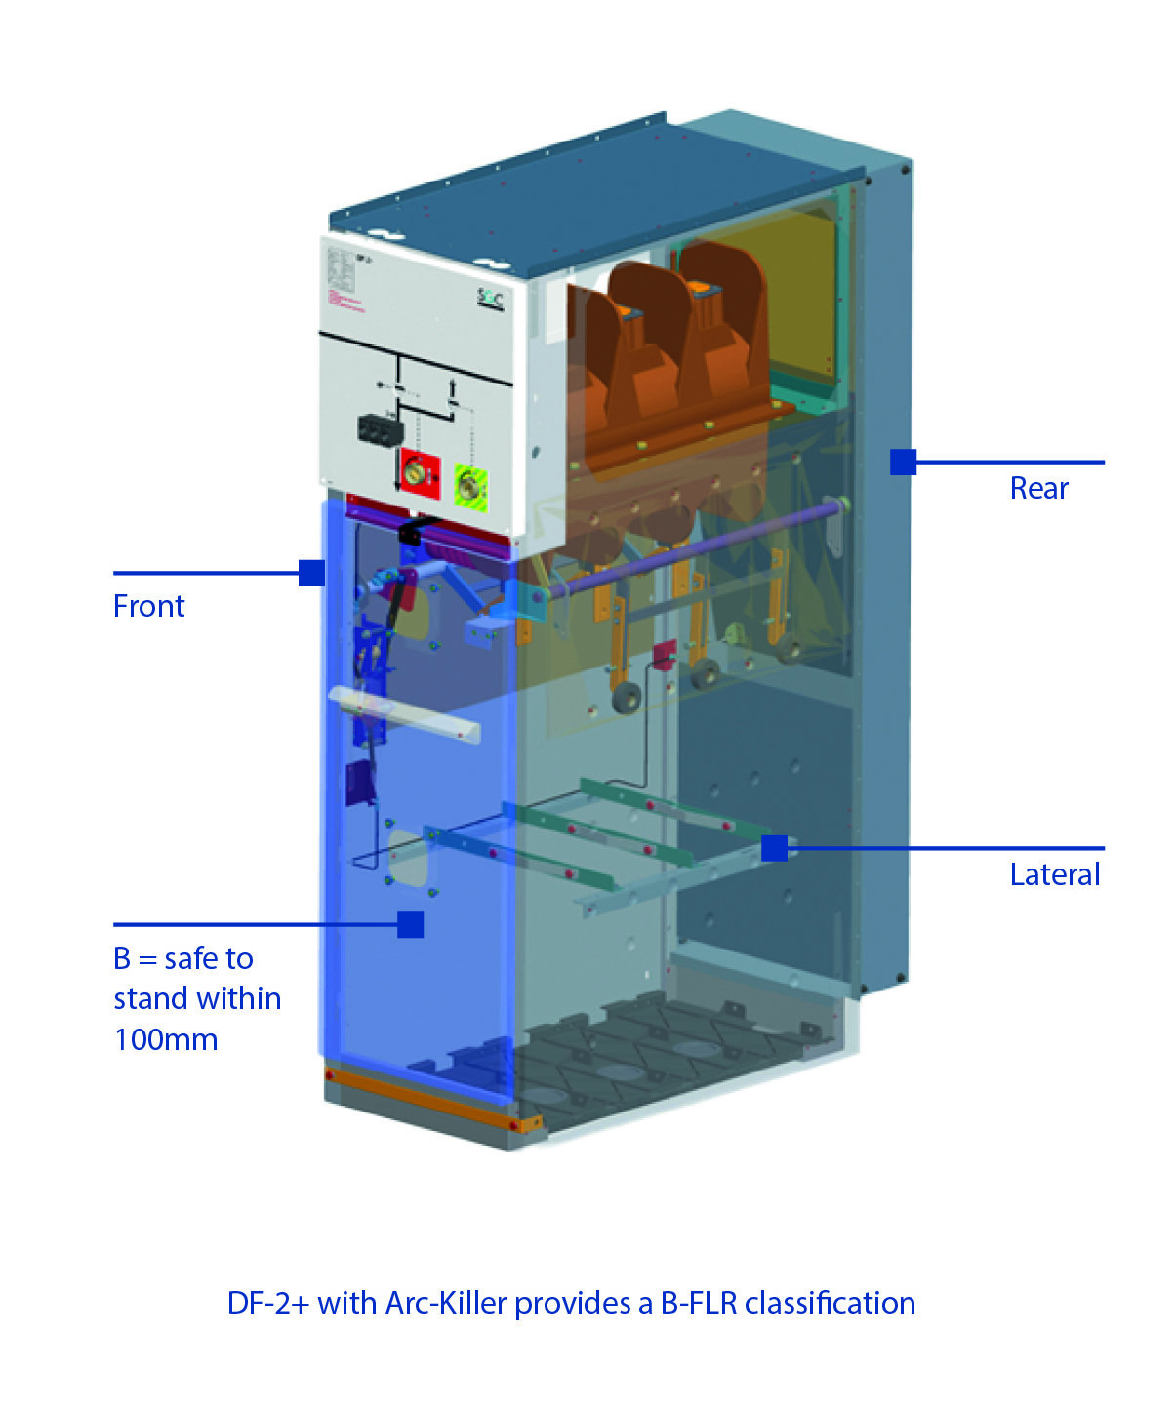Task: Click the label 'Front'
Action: [148, 606]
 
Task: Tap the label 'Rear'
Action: [1038, 488]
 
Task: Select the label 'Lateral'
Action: [1054, 874]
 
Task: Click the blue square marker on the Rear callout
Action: [903, 462]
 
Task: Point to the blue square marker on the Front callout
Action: [311, 573]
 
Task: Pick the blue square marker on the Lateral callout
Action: [774, 848]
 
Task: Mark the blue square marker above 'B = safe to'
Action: [411, 924]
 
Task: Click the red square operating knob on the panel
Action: [420, 472]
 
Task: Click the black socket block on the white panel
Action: [378, 429]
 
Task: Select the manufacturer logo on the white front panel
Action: [490, 299]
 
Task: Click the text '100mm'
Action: [166, 1039]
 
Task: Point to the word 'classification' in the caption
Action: [830, 1304]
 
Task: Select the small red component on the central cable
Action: [664, 655]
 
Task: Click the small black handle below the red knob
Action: [411, 533]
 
